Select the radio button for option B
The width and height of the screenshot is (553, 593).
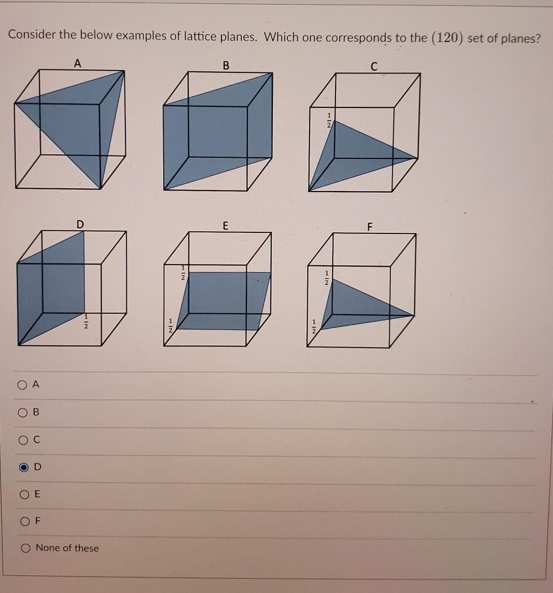22,412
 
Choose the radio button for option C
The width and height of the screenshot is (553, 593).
22,439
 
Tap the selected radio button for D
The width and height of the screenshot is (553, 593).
23,467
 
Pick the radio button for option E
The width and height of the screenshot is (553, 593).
23,494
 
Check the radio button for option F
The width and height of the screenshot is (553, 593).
23,521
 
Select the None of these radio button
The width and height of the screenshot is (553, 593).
25,548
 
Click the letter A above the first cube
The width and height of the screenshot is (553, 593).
77,64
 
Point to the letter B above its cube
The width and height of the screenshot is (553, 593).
226,66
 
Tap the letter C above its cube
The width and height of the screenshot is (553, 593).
373,67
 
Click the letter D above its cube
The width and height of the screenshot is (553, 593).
80,225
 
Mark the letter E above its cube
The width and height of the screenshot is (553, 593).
225,226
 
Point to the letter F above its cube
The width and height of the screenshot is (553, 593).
370,228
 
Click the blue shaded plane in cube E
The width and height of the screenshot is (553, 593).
226,300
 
